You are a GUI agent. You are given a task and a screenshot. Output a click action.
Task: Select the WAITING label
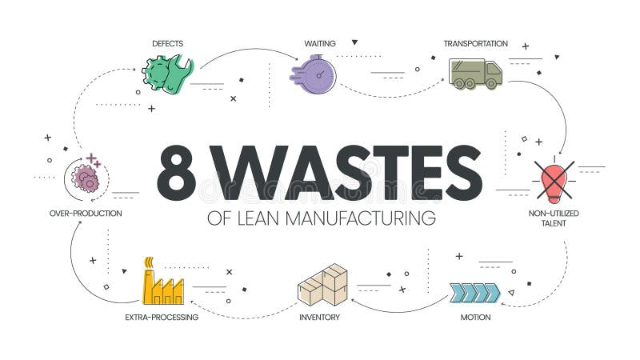[x=319, y=43]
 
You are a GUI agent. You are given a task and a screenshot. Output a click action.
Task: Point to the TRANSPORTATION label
[x=476, y=43]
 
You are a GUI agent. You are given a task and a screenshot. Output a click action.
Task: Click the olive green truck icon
[x=475, y=74]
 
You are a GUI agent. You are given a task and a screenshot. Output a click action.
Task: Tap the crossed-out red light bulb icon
[x=554, y=178]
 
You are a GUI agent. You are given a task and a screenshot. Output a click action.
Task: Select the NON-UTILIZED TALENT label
[x=554, y=218]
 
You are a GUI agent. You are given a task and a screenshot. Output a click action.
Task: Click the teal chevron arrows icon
[x=474, y=292]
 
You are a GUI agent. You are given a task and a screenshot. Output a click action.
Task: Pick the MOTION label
[x=475, y=318]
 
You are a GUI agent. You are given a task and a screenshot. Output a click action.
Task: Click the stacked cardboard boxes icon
[x=322, y=285]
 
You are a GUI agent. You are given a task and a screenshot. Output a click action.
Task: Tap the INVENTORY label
[x=320, y=318]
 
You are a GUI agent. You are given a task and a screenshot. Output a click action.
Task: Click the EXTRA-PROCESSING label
[x=162, y=318]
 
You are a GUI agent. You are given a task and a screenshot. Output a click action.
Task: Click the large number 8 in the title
[x=178, y=173]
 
